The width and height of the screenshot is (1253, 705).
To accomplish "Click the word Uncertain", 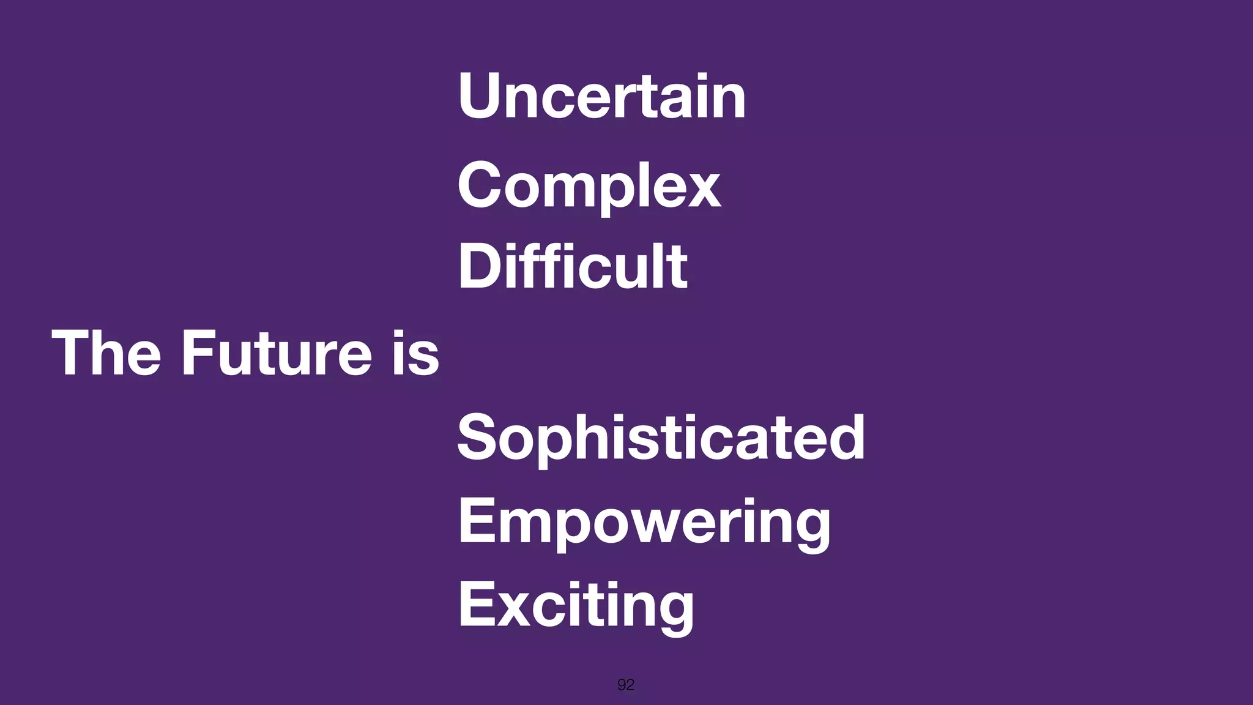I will (x=601, y=96).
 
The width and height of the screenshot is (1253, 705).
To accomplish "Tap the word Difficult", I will (x=573, y=266).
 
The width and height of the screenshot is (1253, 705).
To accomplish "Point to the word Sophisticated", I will (x=661, y=437).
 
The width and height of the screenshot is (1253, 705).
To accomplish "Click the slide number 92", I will (x=625, y=685).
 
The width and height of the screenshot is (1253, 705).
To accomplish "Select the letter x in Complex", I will (x=705, y=190).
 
